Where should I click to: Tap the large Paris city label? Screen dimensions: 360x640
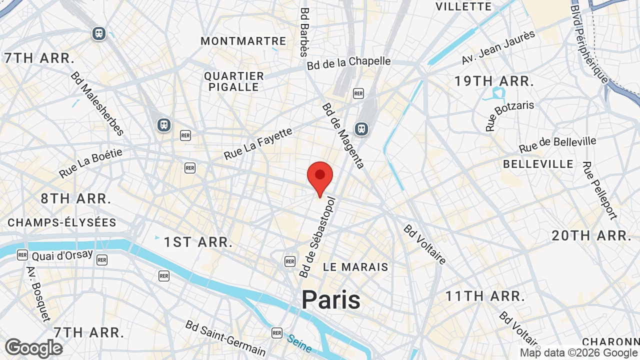[330, 300]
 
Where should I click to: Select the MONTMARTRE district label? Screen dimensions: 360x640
[243, 41]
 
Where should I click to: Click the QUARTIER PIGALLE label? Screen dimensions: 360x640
[234, 81]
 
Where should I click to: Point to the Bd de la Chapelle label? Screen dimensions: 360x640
[348, 62]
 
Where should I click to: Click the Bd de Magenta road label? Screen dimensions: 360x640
[343, 135]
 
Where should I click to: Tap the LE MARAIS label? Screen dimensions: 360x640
[355, 267]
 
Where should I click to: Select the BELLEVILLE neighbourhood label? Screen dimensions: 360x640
[538, 164]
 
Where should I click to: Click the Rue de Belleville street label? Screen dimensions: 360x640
[557, 144]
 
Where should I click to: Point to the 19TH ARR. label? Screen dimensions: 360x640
[494, 81]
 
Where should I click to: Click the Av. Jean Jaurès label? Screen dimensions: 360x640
[498, 47]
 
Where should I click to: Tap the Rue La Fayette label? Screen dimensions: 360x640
[258, 144]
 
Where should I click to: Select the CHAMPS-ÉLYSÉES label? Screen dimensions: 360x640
[62, 222]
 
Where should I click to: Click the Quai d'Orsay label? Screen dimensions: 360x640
[62, 255]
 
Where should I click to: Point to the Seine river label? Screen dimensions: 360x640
[299, 343]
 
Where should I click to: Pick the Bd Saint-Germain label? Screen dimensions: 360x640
[225, 338]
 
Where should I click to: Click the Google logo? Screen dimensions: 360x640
[33, 348]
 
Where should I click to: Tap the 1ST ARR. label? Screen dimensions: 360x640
[198, 242]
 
